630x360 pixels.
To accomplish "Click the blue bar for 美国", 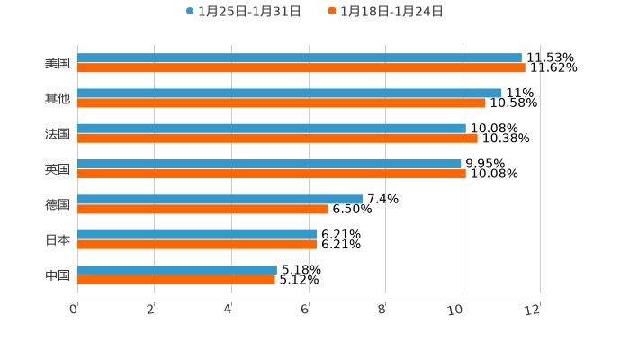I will (300, 58).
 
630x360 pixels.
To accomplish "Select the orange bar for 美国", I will (301, 67).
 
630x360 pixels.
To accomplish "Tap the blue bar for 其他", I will (290, 93).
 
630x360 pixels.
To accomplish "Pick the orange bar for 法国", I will (277, 138).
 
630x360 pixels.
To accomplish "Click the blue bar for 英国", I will (270, 164).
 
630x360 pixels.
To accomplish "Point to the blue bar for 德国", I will (220, 199).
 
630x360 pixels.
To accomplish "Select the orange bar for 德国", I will (202, 209).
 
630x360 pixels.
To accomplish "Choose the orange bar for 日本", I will (197, 244).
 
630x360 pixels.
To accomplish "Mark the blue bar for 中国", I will (177, 269).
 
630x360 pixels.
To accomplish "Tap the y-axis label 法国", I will (58, 133).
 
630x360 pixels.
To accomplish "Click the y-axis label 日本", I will (58, 239).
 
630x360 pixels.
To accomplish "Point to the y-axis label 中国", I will (58, 274).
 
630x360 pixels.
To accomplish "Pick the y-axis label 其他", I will (58, 98).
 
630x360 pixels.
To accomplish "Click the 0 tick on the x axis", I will (75, 310).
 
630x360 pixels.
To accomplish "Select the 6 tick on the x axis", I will (306, 310).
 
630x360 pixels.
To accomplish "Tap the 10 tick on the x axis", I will (459, 310).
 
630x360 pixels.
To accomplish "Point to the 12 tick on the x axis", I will (534, 310).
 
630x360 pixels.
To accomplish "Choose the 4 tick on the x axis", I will (229, 310).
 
